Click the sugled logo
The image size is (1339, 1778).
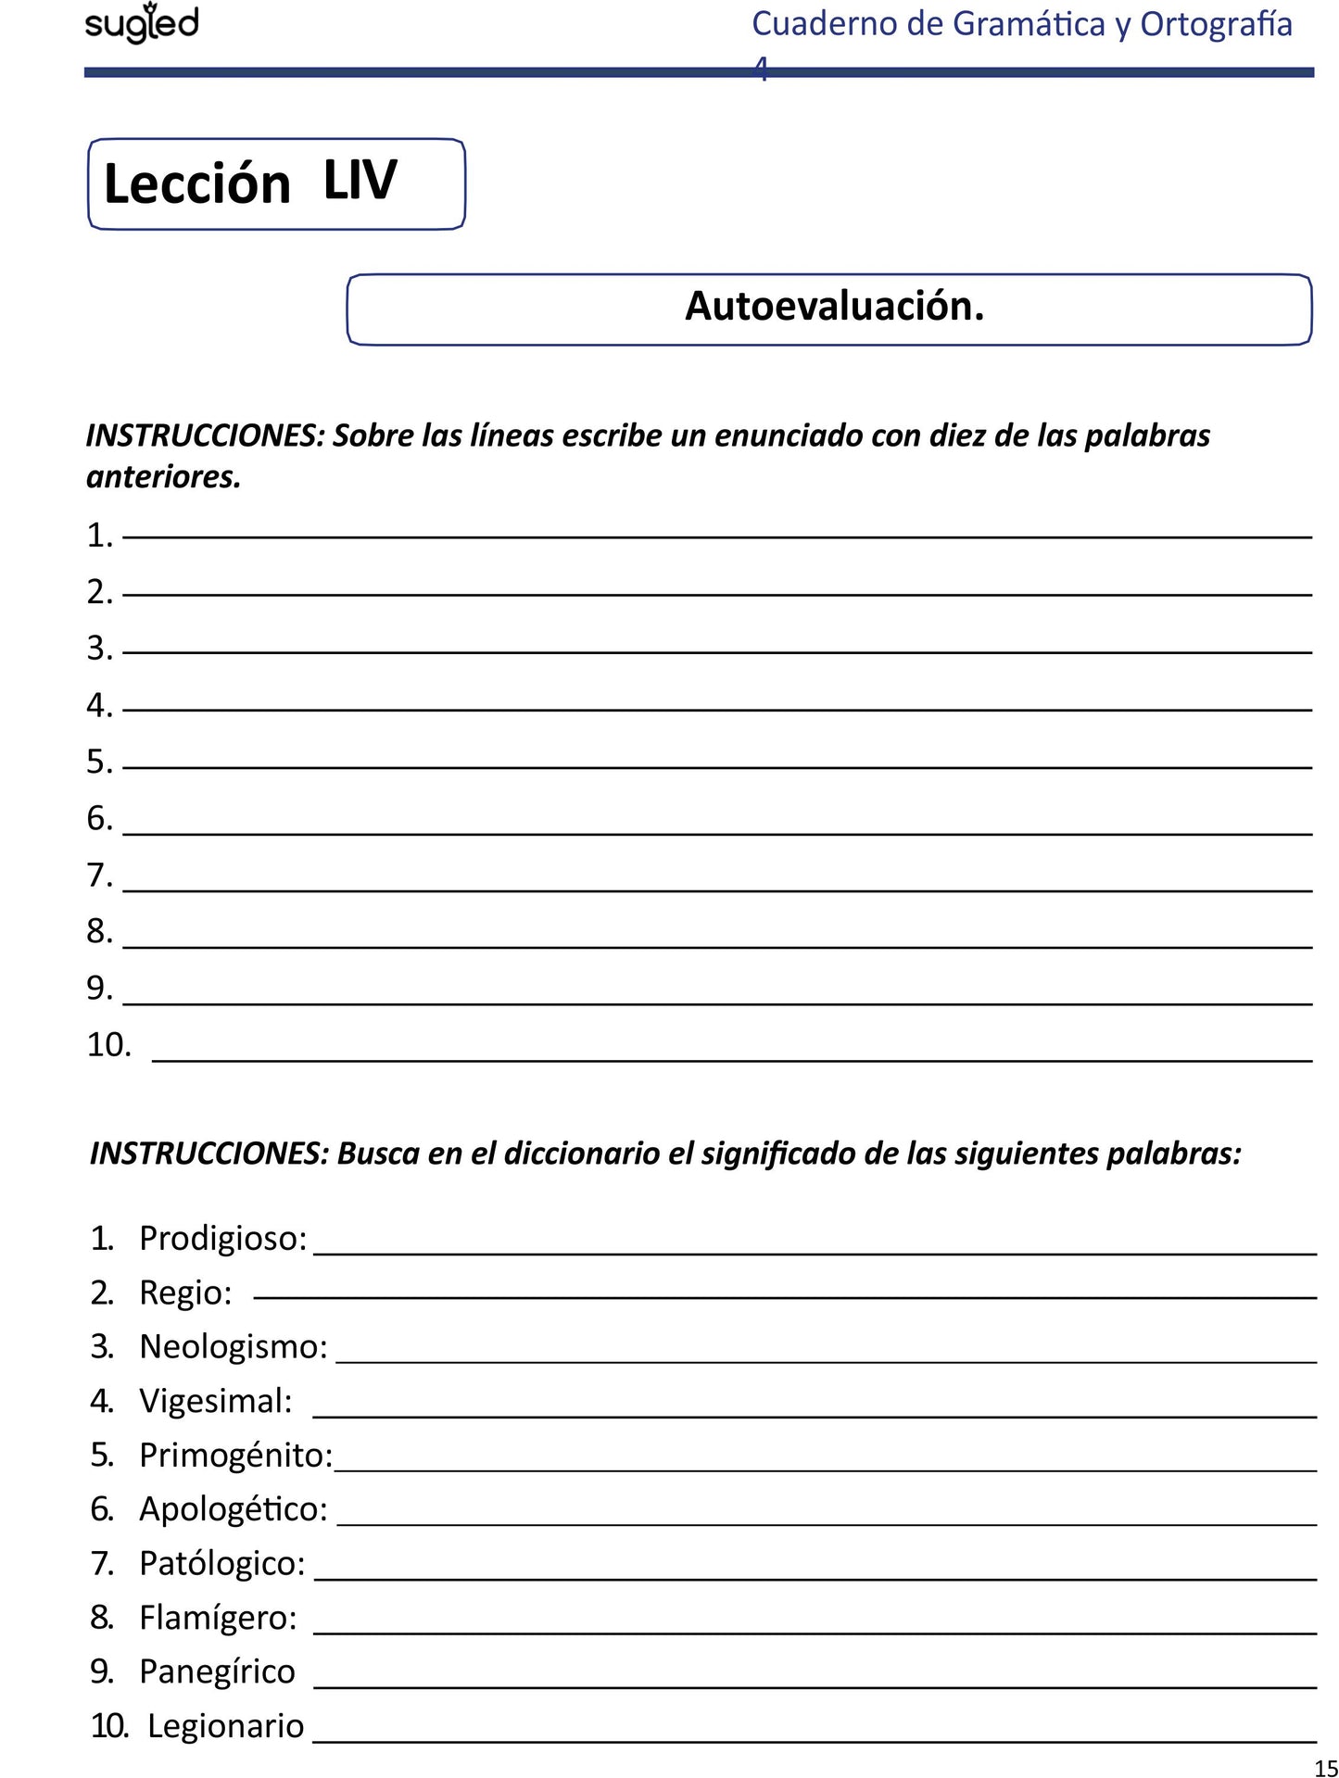[142, 23]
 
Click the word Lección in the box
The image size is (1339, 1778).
[196, 183]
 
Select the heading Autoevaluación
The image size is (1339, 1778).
[834, 306]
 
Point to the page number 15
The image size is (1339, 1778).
[1325, 1767]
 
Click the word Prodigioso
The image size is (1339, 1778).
[222, 1238]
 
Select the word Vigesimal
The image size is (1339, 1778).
[215, 1401]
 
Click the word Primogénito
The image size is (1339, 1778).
[235, 1455]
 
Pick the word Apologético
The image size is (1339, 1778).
[233, 1508]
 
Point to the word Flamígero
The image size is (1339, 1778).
[218, 1617]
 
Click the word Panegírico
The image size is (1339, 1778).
[217, 1671]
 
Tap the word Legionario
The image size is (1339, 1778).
[225, 1726]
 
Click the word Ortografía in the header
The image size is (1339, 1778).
[1216, 24]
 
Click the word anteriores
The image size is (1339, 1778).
[163, 476]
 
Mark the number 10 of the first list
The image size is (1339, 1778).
[108, 1045]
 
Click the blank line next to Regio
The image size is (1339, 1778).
[784, 1296]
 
